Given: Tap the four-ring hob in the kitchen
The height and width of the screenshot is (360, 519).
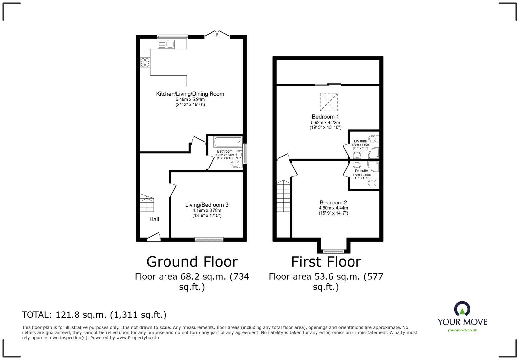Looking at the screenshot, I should pos(145,62).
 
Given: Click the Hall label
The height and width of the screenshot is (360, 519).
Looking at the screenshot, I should pos(154,219).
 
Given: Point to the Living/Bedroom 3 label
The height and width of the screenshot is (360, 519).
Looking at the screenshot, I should pos(207,205).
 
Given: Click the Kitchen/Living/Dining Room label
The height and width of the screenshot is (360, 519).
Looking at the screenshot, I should pos(190,94).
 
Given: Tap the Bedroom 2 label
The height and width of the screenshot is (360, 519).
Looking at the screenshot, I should pos(333,202).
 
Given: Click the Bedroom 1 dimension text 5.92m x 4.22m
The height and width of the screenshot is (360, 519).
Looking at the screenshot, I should pos(325,122).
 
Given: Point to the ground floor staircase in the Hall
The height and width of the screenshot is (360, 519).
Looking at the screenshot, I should pos(147,203).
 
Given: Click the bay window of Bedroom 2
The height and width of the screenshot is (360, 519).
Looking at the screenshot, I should pos(333,251).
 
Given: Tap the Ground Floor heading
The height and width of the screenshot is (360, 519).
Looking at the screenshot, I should pos(192,262).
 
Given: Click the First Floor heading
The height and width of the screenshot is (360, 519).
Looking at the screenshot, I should pos(326,262).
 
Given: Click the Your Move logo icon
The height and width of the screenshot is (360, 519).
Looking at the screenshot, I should pos(462,308).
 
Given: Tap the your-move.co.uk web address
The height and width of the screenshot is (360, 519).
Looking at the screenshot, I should pos(462,330).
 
